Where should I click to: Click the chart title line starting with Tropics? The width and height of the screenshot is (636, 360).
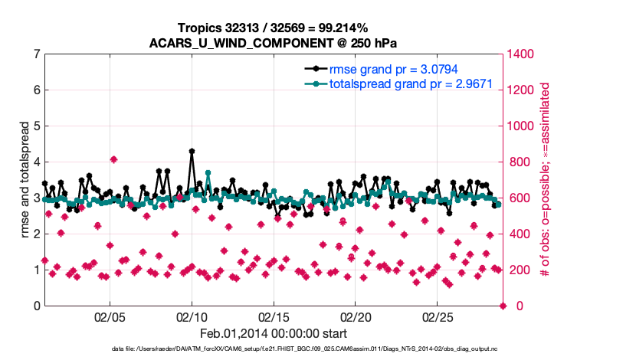point(273,28)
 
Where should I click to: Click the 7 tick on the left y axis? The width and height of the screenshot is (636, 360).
point(36,54)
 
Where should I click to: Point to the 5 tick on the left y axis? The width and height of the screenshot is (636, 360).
point(36,126)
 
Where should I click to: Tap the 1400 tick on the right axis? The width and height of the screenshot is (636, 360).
point(523,54)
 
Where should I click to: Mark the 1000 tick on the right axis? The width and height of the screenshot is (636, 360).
point(523,126)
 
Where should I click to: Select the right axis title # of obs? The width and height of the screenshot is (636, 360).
point(546,180)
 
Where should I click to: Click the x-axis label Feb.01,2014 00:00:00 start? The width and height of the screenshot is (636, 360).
point(273,334)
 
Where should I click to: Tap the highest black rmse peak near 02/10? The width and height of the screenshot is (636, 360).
point(192,152)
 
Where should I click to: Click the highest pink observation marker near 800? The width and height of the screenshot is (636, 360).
point(113,159)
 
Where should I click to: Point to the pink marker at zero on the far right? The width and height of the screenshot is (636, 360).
point(503,306)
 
